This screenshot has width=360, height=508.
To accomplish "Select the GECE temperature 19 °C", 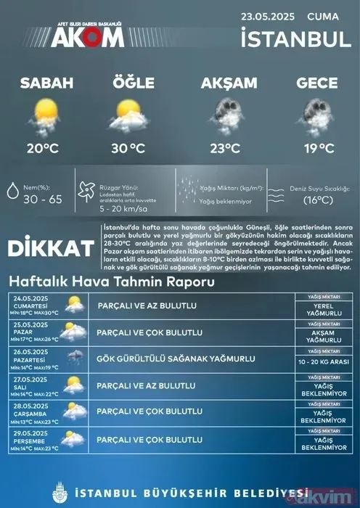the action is pos(316,149).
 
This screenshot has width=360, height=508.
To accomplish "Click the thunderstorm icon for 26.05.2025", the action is pos(74,357).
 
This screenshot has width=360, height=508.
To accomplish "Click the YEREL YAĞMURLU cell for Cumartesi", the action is pos(324,308).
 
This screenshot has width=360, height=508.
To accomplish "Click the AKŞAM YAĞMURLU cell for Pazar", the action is pos(324,335).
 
